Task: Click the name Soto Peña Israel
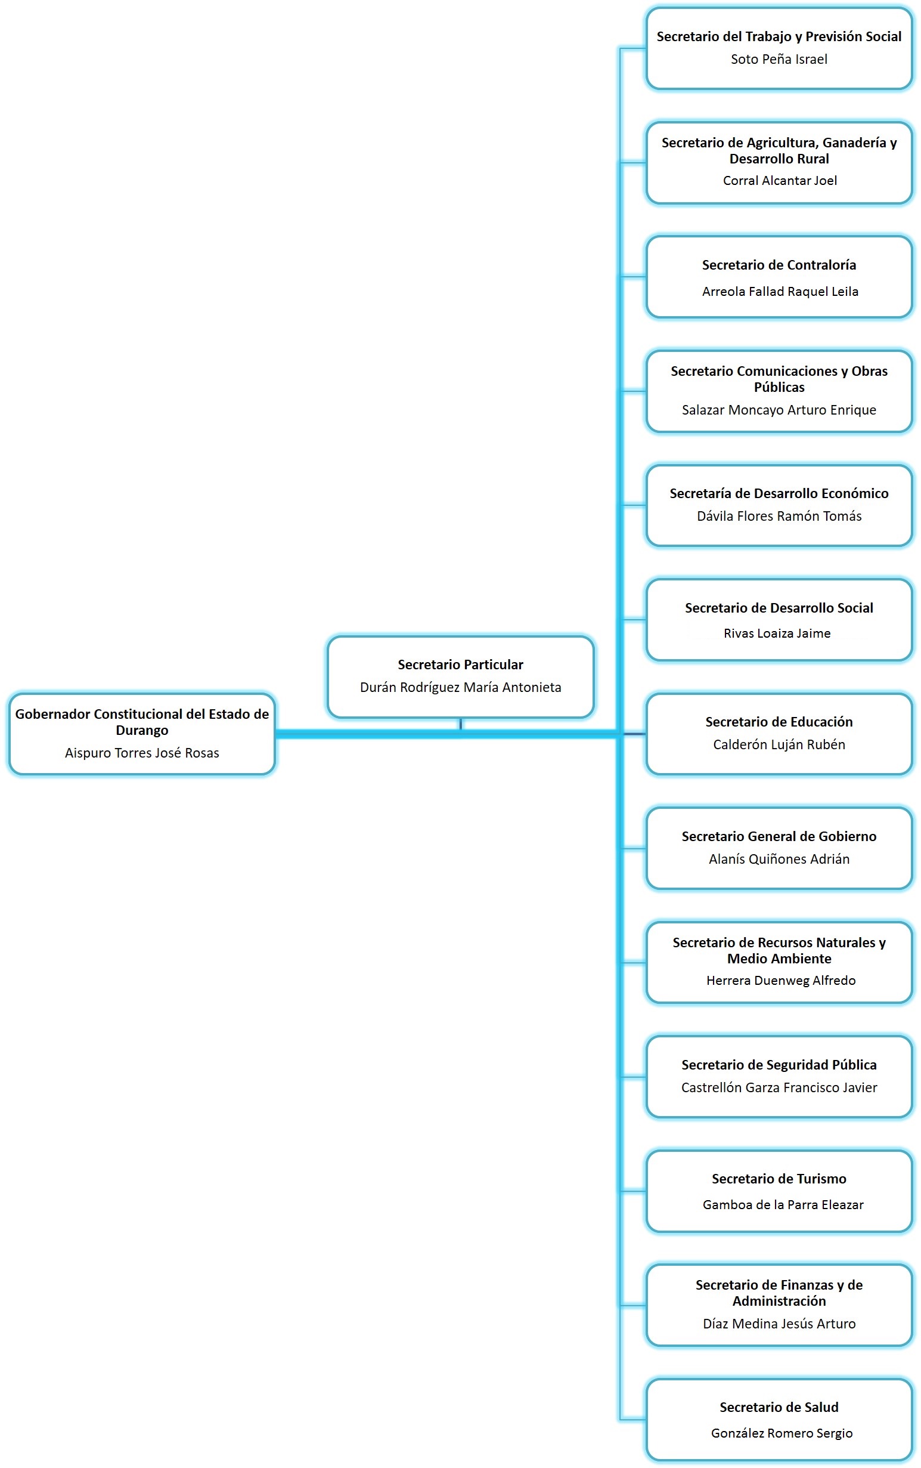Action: click(779, 59)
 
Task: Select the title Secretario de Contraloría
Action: click(779, 265)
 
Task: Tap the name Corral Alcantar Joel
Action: click(779, 180)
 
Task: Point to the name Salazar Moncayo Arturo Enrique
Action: click(779, 410)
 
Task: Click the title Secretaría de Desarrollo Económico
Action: click(779, 493)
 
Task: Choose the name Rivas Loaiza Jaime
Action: click(777, 633)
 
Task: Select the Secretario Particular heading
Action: click(460, 665)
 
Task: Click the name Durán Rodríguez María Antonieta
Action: click(460, 687)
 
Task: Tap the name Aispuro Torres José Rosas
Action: click(142, 753)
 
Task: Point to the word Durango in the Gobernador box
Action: click(142, 730)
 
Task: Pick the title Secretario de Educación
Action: click(779, 722)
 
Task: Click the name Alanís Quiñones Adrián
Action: click(779, 858)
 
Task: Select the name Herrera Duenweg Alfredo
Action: click(780, 980)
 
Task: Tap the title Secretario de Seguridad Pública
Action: click(779, 1065)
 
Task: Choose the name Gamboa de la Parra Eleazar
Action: click(783, 1204)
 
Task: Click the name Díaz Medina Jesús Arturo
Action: click(779, 1324)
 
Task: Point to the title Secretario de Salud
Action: click(779, 1407)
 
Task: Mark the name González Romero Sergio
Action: click(782, 1433)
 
